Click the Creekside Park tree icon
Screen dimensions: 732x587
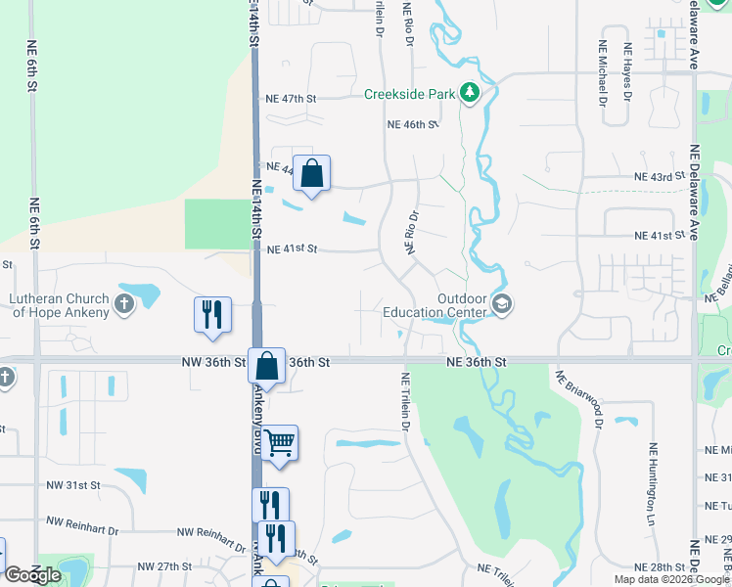coord(471,93)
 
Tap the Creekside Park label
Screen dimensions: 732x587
coord(409,94)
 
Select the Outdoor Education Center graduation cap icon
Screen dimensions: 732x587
coord(502,304)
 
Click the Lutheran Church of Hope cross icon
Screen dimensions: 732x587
coord(123,303)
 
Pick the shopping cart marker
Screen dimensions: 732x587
coord(279,443)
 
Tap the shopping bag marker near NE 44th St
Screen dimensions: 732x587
coord(311,174)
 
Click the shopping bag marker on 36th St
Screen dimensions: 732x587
coord(266,367)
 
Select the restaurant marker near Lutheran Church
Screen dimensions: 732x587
coord(212,315)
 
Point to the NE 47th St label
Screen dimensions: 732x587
coord(292,99)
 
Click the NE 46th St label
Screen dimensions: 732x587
coord(411,125)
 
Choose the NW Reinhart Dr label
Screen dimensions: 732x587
coord(211,532)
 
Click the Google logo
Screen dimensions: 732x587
coord(32,575)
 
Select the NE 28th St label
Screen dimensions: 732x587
coord(659,567)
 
